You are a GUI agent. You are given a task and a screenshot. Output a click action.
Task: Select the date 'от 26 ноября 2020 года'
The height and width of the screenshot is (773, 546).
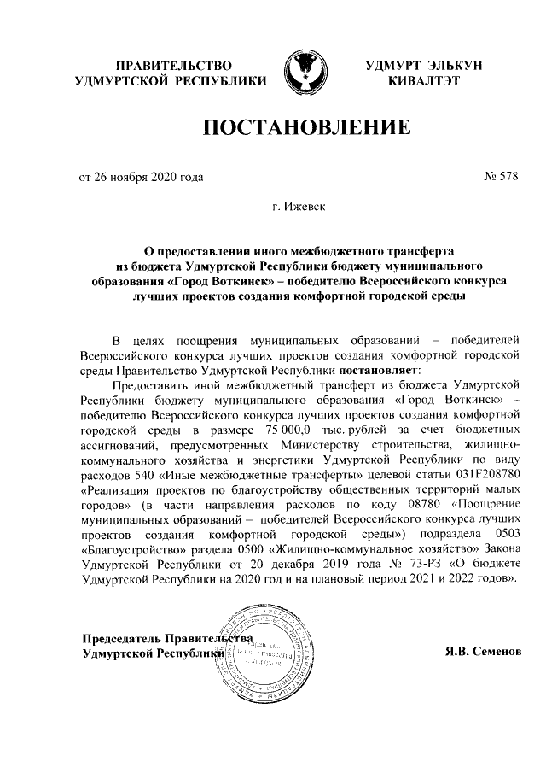tap(141, 179)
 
